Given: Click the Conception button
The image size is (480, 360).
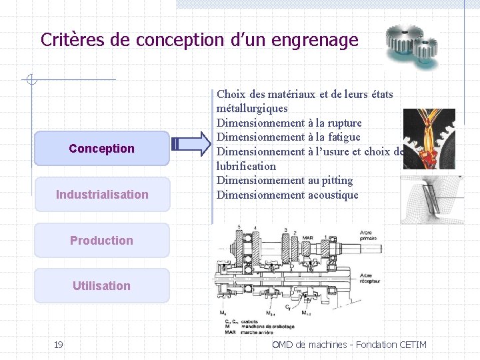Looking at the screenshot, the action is click(102, 148).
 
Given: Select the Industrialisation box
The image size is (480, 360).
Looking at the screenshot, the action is click(102, 194).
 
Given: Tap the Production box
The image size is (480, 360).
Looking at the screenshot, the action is click(102, 240).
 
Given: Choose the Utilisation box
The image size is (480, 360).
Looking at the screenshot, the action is click(102, 285).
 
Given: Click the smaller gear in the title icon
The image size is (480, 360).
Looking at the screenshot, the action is click(425, 50).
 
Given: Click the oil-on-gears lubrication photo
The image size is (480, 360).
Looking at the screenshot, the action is click(429, 138).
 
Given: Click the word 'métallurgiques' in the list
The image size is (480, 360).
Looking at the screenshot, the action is click(252, 108).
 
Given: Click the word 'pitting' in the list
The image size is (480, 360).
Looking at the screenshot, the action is click(338, 181).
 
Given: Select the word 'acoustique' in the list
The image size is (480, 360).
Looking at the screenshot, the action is click(333, 195).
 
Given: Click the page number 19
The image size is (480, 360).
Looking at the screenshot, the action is click(59, 344).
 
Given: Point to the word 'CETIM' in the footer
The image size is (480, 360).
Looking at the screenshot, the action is click(412, 344).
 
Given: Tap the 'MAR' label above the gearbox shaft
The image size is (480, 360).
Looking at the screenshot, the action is click(307, 237).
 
